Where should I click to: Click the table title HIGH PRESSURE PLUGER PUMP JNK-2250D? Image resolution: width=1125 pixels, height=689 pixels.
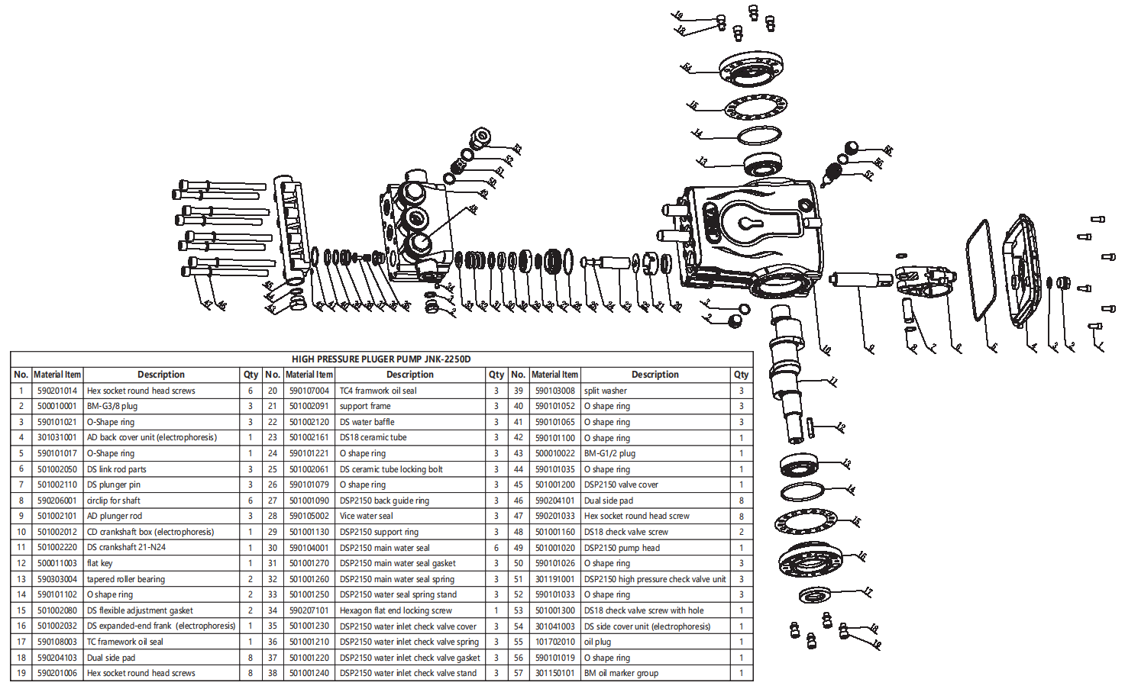(381, 359)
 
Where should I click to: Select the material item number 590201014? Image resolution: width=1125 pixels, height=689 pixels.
(57, 391)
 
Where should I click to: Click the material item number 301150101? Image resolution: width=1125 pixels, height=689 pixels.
(554, 673)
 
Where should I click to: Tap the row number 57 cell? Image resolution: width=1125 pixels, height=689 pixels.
(519, 673)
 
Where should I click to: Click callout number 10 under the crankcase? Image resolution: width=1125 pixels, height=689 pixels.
(826, 350)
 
